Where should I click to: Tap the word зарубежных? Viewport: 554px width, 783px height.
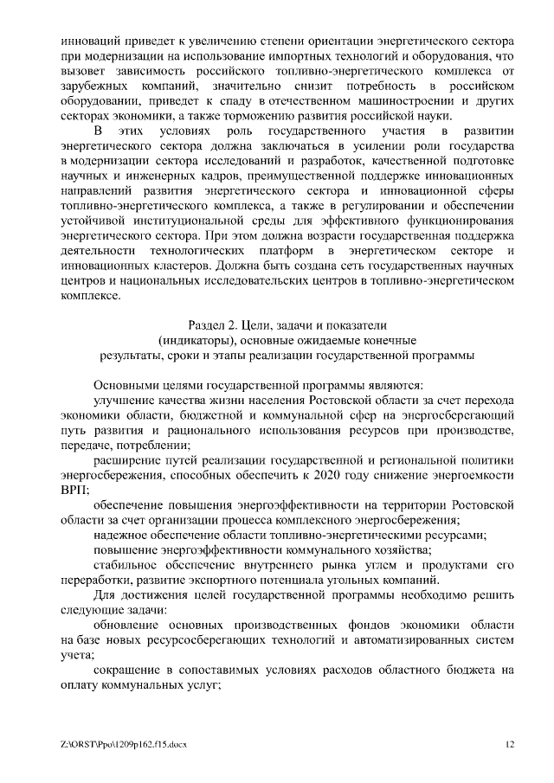coord(94,87)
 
